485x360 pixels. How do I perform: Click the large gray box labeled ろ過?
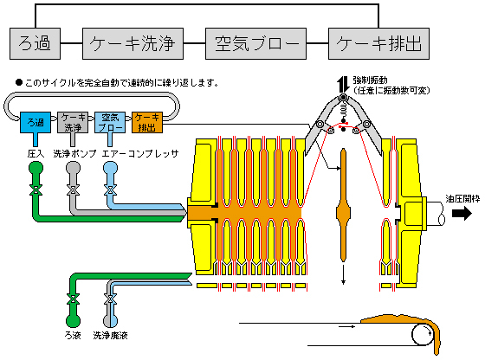[35, 43]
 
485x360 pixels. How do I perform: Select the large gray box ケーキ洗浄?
[133, 43]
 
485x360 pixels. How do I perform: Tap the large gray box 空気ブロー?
[255, 43]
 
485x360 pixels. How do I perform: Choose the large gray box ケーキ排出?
[378, 43]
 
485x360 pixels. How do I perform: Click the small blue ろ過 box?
[36, 122]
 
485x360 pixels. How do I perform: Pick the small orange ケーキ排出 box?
[147, 122]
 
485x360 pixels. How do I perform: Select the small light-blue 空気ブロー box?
[110, 122]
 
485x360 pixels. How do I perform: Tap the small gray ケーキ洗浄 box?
[73, 122]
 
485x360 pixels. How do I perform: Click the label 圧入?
[36, 153]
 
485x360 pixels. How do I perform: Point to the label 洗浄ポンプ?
[74, 153]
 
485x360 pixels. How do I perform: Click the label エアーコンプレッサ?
[140, 153]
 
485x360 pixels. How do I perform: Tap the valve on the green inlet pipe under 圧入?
[36, 190]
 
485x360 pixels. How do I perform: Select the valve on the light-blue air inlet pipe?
[110, 190]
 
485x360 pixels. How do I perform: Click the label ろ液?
[73, 335]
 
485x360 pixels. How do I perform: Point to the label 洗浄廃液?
[111, 335]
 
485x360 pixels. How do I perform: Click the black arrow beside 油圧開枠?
[462, 213]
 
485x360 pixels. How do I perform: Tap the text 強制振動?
[371, 80]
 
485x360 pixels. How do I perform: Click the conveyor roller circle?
[423, 334]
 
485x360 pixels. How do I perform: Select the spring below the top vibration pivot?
[343, 109]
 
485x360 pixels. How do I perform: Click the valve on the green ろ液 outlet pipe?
[73, 299]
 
